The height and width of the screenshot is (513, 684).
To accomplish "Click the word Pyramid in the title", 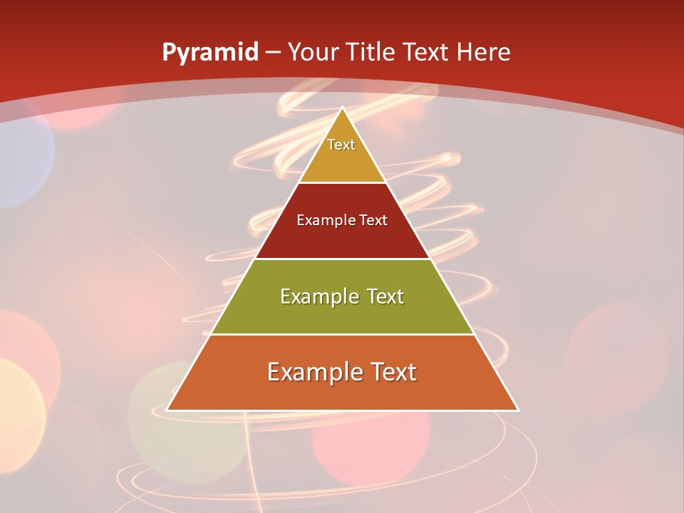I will [209, 53].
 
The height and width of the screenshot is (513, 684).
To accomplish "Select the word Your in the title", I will [313, 52].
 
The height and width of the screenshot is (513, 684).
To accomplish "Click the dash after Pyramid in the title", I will [273, 53].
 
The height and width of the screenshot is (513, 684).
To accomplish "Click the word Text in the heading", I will [427, 52].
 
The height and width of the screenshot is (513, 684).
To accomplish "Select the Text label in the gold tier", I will [341, 145].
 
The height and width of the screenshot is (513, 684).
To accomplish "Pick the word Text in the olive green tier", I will [385, 296].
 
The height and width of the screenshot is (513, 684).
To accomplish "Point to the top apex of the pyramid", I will [343, 108].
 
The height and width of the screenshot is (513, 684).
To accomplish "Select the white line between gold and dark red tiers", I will [343, 182].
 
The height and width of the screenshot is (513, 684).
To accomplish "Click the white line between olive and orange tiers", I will [343, 334].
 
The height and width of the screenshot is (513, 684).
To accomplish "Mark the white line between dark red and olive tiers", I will [343, 259].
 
